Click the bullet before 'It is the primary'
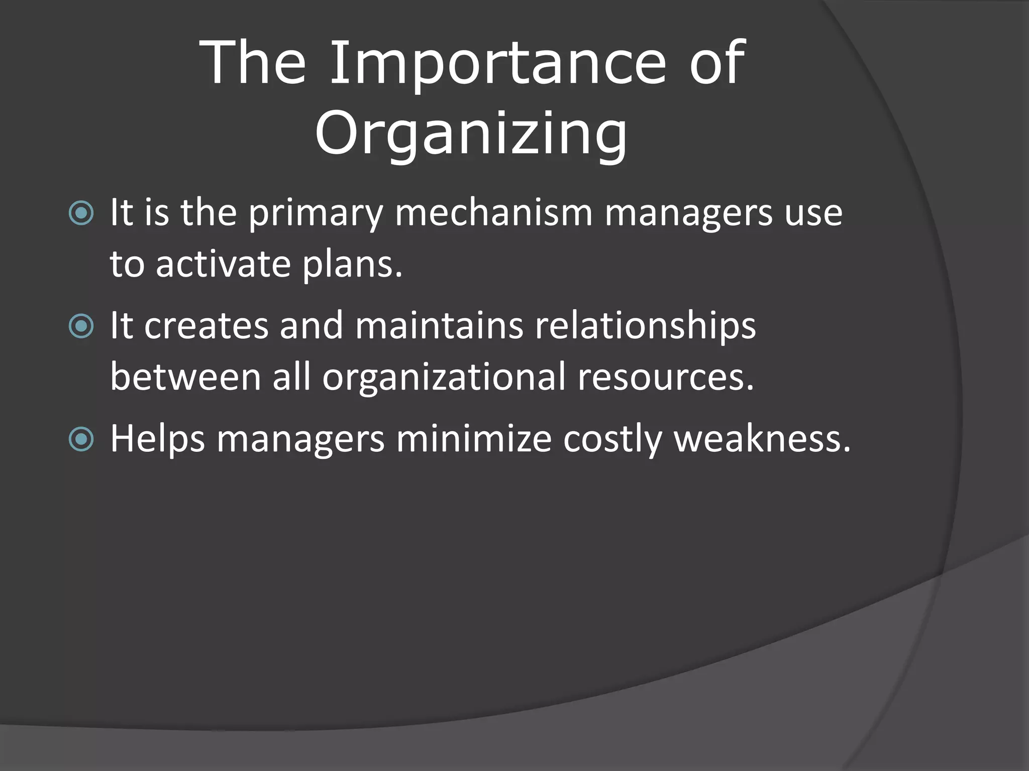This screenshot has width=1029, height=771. coord(81,213)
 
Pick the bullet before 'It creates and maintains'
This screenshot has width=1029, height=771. coord(81,327)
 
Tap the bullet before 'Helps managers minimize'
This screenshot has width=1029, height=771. coord(81,440)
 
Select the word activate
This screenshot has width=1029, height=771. coord(223,264)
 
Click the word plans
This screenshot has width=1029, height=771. coord(352,265)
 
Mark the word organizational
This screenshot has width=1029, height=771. coord(444,377)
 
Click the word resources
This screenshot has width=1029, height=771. coord(666,377)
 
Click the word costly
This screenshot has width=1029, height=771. coord(612,440)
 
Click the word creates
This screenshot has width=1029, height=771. coord(207,326)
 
